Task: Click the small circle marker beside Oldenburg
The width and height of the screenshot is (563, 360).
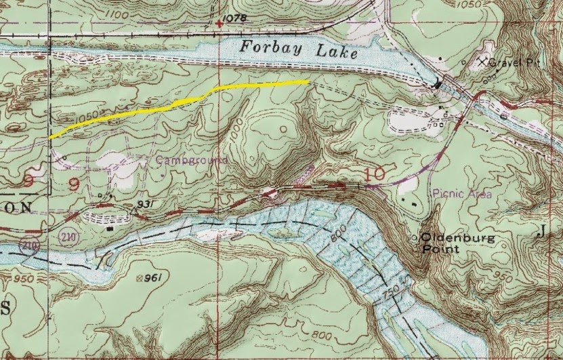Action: point(416,238)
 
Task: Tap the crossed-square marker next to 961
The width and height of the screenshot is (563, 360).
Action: point(140,277)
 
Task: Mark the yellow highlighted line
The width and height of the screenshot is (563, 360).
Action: point(183,101)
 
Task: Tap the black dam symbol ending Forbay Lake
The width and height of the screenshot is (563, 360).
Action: point(438,85)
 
